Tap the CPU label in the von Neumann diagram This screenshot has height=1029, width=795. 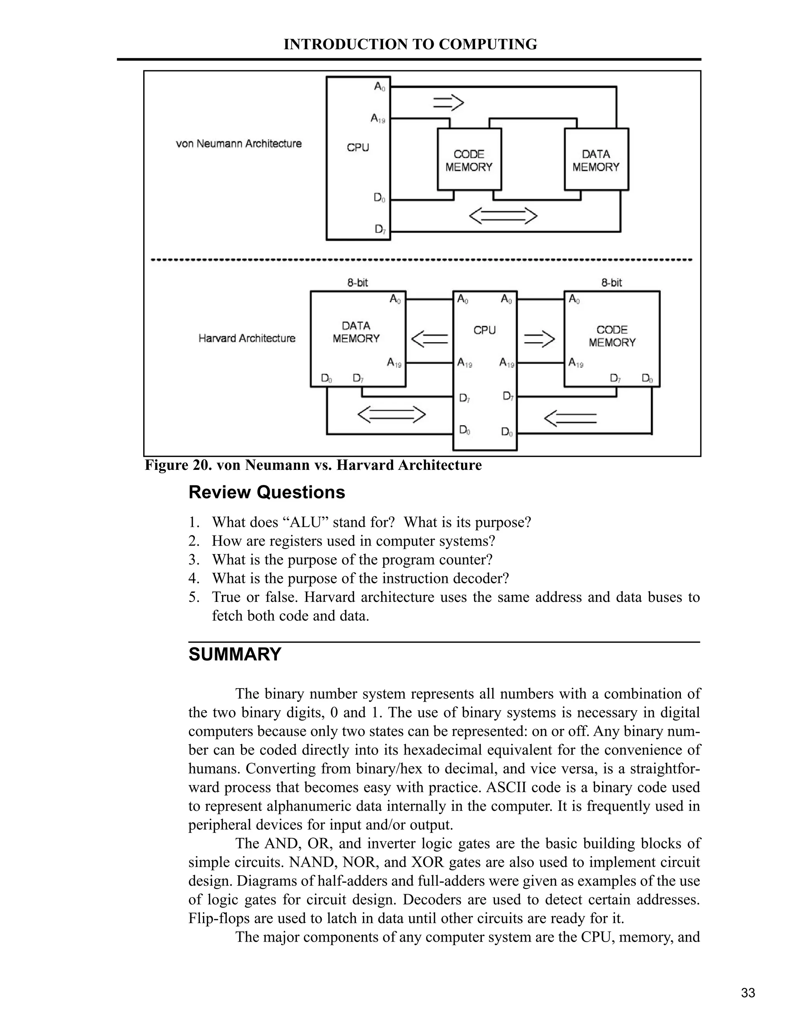[358, 148]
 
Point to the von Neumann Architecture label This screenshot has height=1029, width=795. [239, 144]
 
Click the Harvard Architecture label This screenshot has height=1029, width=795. [247, 338]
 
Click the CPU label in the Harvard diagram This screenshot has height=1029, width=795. [484, 330]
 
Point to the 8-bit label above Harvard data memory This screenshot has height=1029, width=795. [358, 283]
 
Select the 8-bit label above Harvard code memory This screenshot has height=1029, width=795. [611, 283]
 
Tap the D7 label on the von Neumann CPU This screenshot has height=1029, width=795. [380, 229]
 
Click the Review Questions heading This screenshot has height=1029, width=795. [267, 492]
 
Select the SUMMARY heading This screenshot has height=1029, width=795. [234, 654]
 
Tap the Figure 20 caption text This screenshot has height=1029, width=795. [313, 465]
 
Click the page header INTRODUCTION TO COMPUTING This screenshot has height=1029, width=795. [410, 44]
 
